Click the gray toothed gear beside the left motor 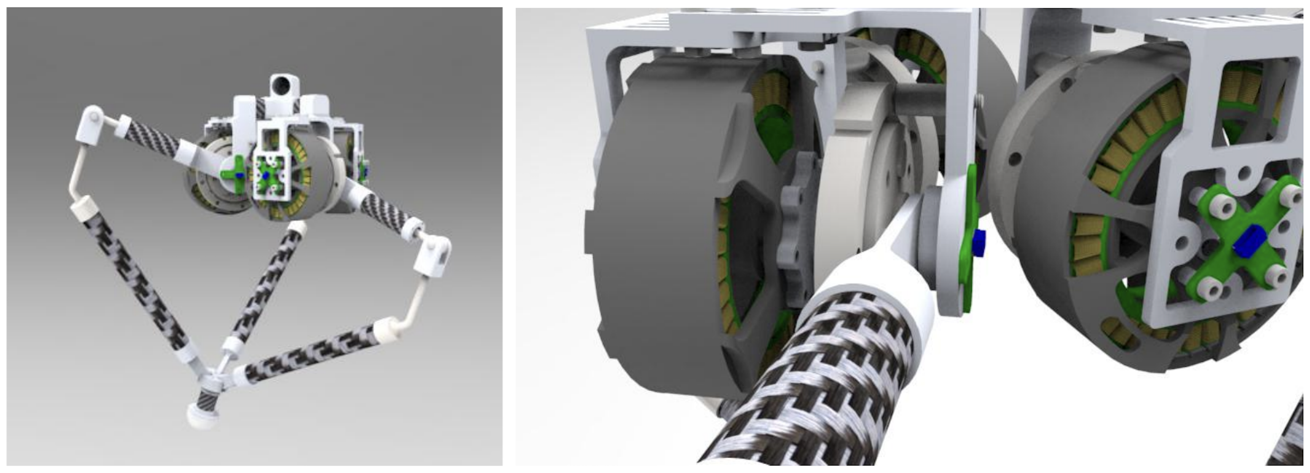tap(799, 229)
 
